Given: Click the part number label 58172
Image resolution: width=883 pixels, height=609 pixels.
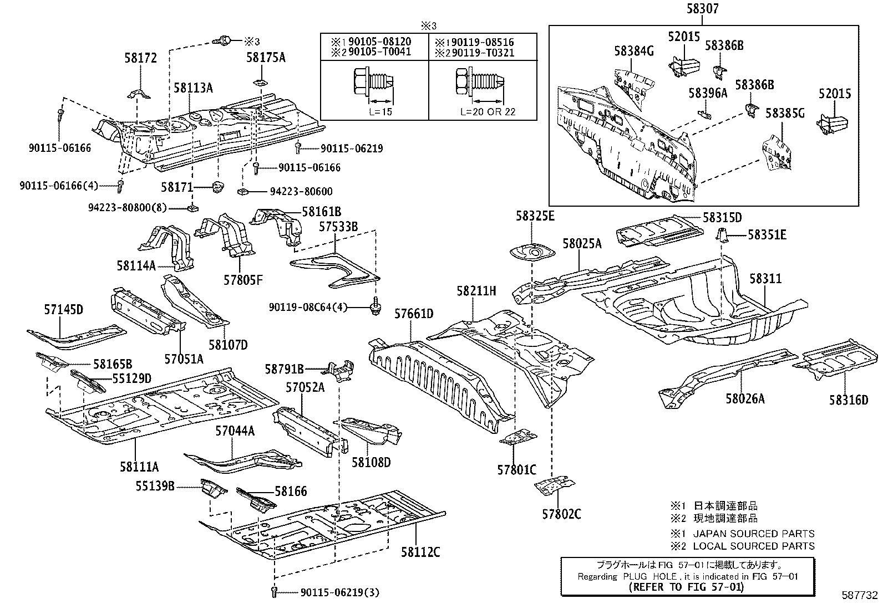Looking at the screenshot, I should point(140,58).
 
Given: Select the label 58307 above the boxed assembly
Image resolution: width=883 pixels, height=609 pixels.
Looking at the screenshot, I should point(702,9).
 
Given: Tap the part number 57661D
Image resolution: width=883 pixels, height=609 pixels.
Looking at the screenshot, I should point(413,314).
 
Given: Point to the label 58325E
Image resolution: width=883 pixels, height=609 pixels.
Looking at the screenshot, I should point(534,216).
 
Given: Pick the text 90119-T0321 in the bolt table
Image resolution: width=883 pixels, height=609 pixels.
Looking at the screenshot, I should point(482,53).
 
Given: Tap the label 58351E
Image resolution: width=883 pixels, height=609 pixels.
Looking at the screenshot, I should point(767,235).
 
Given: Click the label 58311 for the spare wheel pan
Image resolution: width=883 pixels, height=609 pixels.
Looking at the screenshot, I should point(765,279).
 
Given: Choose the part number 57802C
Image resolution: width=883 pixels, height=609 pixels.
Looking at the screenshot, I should point(561,514).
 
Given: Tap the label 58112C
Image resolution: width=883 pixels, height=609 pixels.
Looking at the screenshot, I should point(420,552).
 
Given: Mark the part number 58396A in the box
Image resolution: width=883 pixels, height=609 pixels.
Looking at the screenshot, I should point(708,93).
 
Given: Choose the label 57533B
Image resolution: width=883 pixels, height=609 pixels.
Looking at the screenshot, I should point(338,226).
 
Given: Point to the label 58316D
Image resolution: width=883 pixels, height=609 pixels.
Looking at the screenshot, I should point(849,399).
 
